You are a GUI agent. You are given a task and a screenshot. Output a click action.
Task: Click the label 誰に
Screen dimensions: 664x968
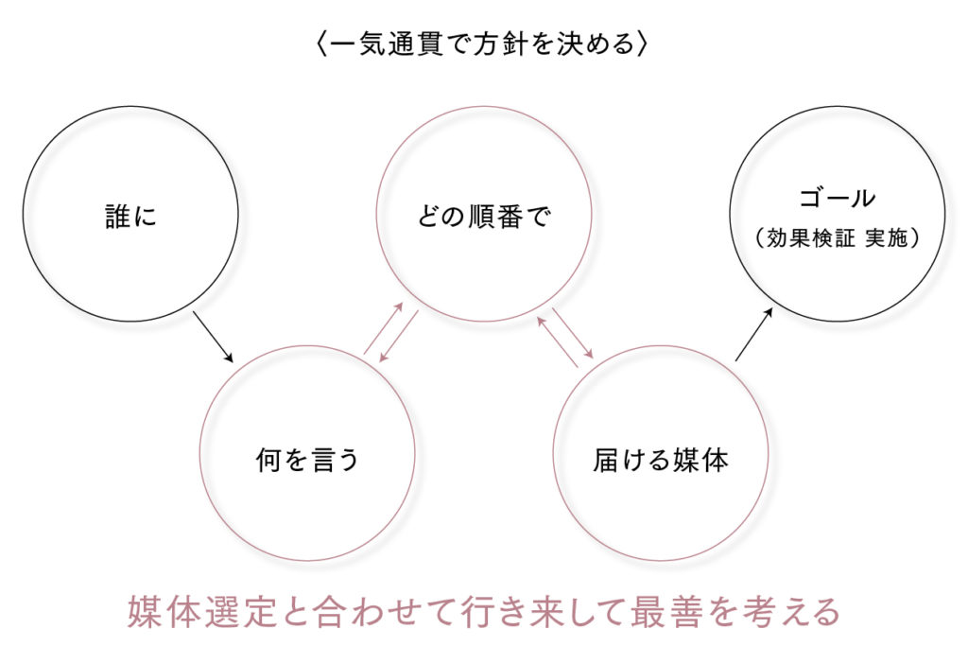pyautogui.click(x=130, y=217)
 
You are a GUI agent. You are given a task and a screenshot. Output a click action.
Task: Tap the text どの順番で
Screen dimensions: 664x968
pyautogui.click(x=483, y=218)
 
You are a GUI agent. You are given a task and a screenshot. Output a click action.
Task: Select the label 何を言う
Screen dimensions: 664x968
pyautogui.click(x=307, y=461)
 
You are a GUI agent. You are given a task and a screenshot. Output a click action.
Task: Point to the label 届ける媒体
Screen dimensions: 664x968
pyautogui.click(x=661, y=461)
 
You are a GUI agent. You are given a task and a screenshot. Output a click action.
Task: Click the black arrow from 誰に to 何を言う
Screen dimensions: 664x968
pyautogui.click(x=213, y=336)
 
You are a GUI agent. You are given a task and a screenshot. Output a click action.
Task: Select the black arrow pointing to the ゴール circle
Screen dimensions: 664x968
pyautogui.click(x=754, y=334)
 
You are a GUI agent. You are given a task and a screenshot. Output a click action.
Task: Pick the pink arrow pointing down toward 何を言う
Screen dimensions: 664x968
pyautogui.click(x=398, y=337)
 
